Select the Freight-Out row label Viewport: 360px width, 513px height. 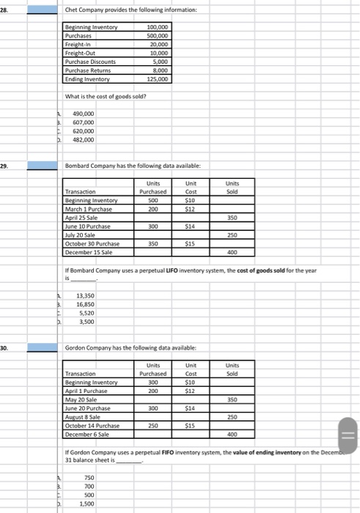(x=81, y=53)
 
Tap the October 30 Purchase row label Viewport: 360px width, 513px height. (x=93, y=241)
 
